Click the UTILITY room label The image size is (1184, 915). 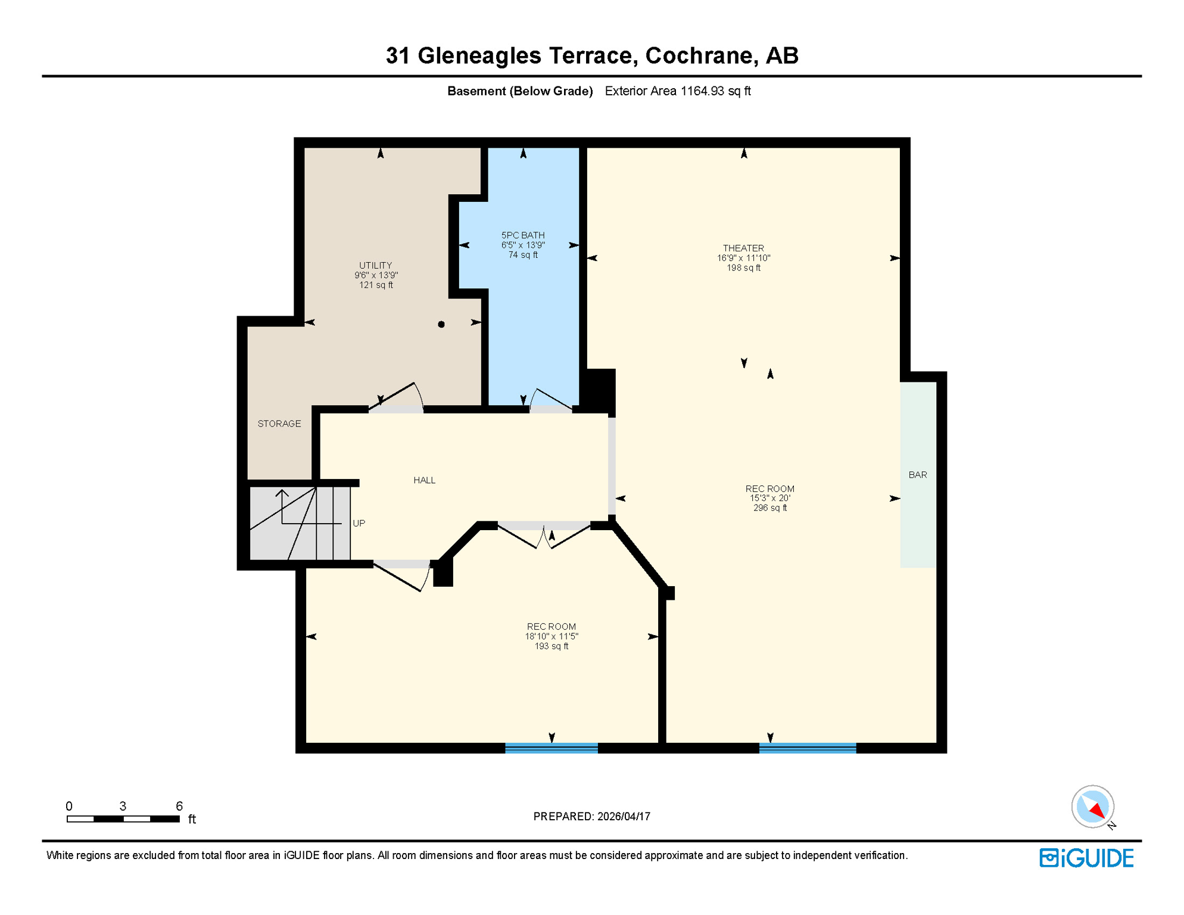pos(375,266)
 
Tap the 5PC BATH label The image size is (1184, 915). pos(523,235)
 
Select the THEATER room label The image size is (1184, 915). pos(743,248)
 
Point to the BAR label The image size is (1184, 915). pos(917,475)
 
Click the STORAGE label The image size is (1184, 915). pos(279,424)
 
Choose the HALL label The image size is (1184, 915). pos(424,480)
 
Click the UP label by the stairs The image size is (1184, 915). pos(359,523)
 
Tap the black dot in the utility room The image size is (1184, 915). pos(441,325)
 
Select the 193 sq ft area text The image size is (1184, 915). pos(551,646)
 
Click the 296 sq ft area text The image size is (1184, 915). pos(769,508)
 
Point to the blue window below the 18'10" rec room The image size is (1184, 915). pos(551,748)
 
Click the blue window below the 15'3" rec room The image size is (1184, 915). pos(807,748)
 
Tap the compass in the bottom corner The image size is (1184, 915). pos(1092,807)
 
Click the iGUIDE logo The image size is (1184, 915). pos(1086,858)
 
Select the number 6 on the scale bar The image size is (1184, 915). pos(179,806)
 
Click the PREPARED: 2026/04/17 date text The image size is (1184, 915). pos(591,816)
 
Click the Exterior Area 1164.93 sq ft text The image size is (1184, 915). pos(677,91)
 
